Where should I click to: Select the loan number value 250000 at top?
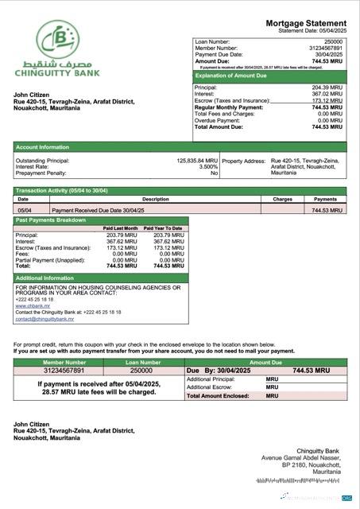(334, 41)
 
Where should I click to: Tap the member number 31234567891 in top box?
(325, 47)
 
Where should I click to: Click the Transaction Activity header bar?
(61, 191)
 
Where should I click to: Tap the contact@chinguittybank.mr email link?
(45, 319)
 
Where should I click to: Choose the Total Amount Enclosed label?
(218, 395)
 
